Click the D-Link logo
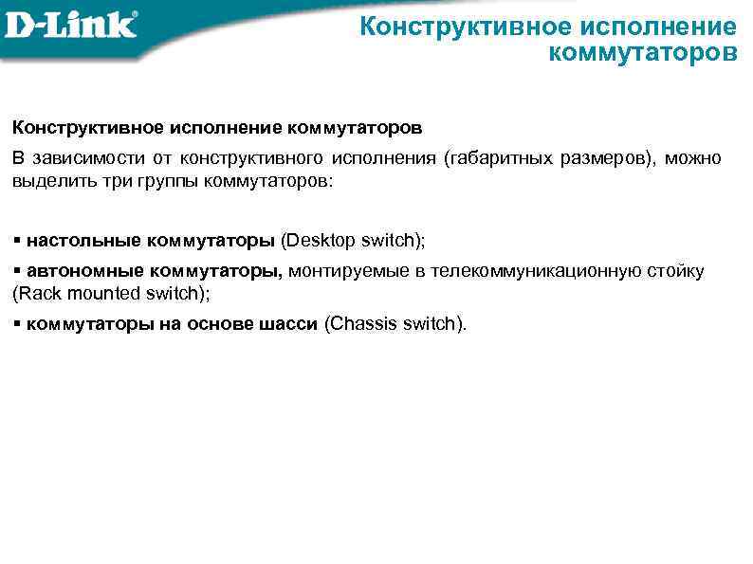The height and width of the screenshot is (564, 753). (x=70, y=24)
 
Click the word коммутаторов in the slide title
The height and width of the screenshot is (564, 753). (x=642, y=51)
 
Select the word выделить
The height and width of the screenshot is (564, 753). (x=46, y=179)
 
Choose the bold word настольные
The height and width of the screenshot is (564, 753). (x=82, y=240)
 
